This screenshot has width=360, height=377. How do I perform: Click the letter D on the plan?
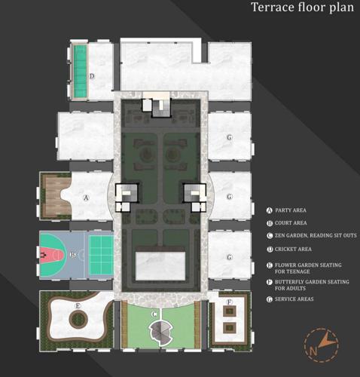coord(91,76)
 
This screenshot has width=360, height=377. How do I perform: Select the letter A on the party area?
coord(86,198)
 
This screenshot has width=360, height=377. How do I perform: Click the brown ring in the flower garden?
coord(78,320)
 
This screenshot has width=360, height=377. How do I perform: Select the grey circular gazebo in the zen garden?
coord(160,329)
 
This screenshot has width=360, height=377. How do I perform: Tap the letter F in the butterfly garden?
coord(229,303)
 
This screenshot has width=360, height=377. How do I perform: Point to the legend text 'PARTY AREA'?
coord(291,210)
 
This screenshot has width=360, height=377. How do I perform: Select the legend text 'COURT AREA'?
coord(291,223)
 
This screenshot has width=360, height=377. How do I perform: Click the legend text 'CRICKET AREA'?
coord(294,249)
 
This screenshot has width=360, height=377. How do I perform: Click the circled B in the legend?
coord(270,223)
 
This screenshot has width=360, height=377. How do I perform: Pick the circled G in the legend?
coord(270,299)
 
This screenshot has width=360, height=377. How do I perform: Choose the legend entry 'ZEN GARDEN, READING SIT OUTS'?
coord(316,236)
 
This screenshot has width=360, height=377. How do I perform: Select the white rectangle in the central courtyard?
coord(160,263)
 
